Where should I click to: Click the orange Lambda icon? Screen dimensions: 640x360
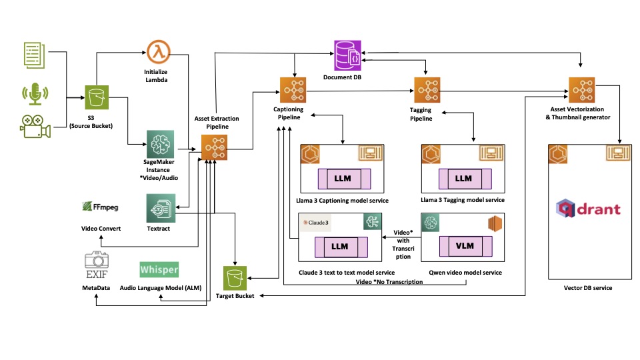[x=159, y=51]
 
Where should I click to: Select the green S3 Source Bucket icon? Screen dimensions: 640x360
[x=97, y=97]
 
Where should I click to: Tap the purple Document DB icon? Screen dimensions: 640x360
[x=347, y=55]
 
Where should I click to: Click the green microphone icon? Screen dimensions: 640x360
[x=35, y=94]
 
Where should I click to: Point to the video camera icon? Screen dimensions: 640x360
[x=35, y=127]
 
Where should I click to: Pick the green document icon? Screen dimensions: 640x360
[x=34, y=55]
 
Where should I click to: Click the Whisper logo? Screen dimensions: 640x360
[x=159, y=269]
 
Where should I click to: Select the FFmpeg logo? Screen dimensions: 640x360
[x=101, y=207]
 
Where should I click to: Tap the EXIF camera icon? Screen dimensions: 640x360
[x=97, y=265]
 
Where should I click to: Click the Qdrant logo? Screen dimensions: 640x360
[x=588, y=209]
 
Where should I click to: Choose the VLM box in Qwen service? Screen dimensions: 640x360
[x=466, y=246]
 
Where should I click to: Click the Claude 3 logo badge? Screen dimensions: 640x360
[x=316, y=223]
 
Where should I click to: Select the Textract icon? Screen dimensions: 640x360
[x=161, y=208]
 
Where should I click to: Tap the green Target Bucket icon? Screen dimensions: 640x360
[x=235, y=278]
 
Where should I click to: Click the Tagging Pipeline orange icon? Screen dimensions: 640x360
[x=427, y=90]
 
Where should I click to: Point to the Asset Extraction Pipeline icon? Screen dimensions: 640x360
[x=214, y=147]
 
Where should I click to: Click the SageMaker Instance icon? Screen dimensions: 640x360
[x=161, y=144]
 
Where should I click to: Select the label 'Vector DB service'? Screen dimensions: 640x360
[x=588, y=288]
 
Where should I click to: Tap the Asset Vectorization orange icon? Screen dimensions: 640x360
[x=581, y=90]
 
